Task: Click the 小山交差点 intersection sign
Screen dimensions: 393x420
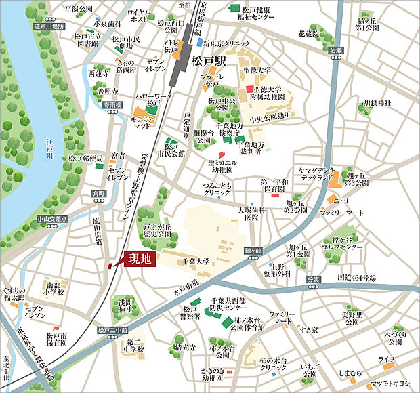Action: click(54, 219)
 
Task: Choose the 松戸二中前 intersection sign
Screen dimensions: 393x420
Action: click(112, 331)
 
